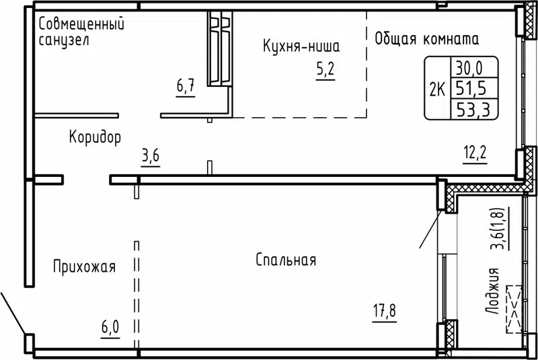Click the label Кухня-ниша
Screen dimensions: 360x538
pos(301,46)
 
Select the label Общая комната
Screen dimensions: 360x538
pos(426,38)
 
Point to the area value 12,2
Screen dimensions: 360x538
pos(475,151)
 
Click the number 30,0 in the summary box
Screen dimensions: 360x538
pos(474,67)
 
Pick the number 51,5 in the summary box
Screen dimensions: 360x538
pos(474,87)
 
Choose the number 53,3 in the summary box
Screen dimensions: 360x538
pos(474,108)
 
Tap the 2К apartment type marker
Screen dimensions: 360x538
pos(436,87)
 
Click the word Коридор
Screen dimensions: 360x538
pos(95,138)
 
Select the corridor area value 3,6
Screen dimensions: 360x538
pos(150,158)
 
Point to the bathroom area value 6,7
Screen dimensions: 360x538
pos(186,86)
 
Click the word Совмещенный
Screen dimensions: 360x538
pos(81,25)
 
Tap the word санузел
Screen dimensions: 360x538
pos(64,40)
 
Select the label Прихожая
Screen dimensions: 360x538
pos(84,267)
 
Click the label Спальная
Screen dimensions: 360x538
pos(286,260)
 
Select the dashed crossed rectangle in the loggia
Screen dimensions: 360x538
pos(514,308)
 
